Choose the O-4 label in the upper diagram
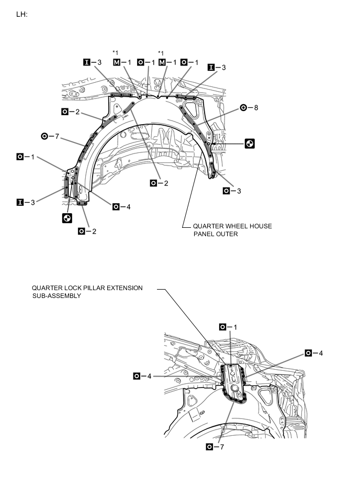point(122,206)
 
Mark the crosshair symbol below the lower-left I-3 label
point(66,218)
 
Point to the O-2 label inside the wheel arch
point(160,183)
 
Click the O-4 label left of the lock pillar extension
point(143,375)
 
